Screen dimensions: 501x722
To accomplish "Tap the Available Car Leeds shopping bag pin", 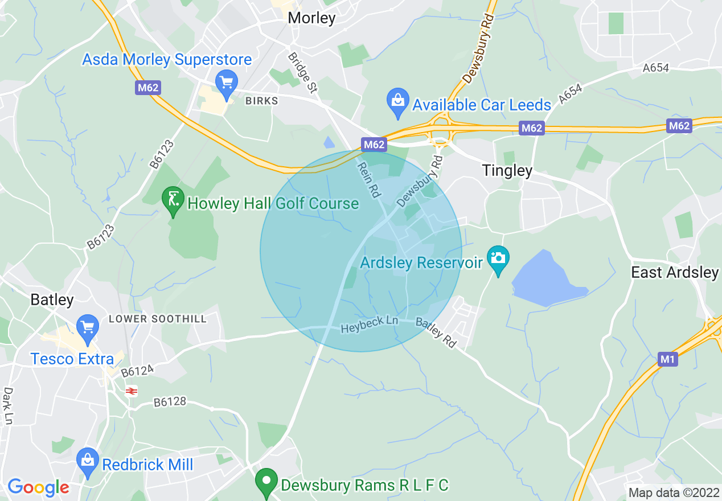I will [x=397, y=100].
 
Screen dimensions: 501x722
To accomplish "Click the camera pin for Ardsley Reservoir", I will [x=498, y=260].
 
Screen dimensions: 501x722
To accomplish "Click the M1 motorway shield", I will [x=667, y=359].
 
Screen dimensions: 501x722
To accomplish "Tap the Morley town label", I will [x=311, y=18].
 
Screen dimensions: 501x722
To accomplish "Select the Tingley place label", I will [x=507, y=170].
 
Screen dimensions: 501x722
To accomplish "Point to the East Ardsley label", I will [x=675, y=272].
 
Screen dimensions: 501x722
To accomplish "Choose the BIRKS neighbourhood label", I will [x=262, y=101].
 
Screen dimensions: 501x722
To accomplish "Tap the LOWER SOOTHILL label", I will [x=158, y=319].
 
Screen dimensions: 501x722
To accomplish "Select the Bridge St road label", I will [x=302, y=72].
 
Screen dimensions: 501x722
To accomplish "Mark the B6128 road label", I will [x=170, y=403].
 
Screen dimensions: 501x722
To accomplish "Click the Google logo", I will [x=38, y=487].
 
